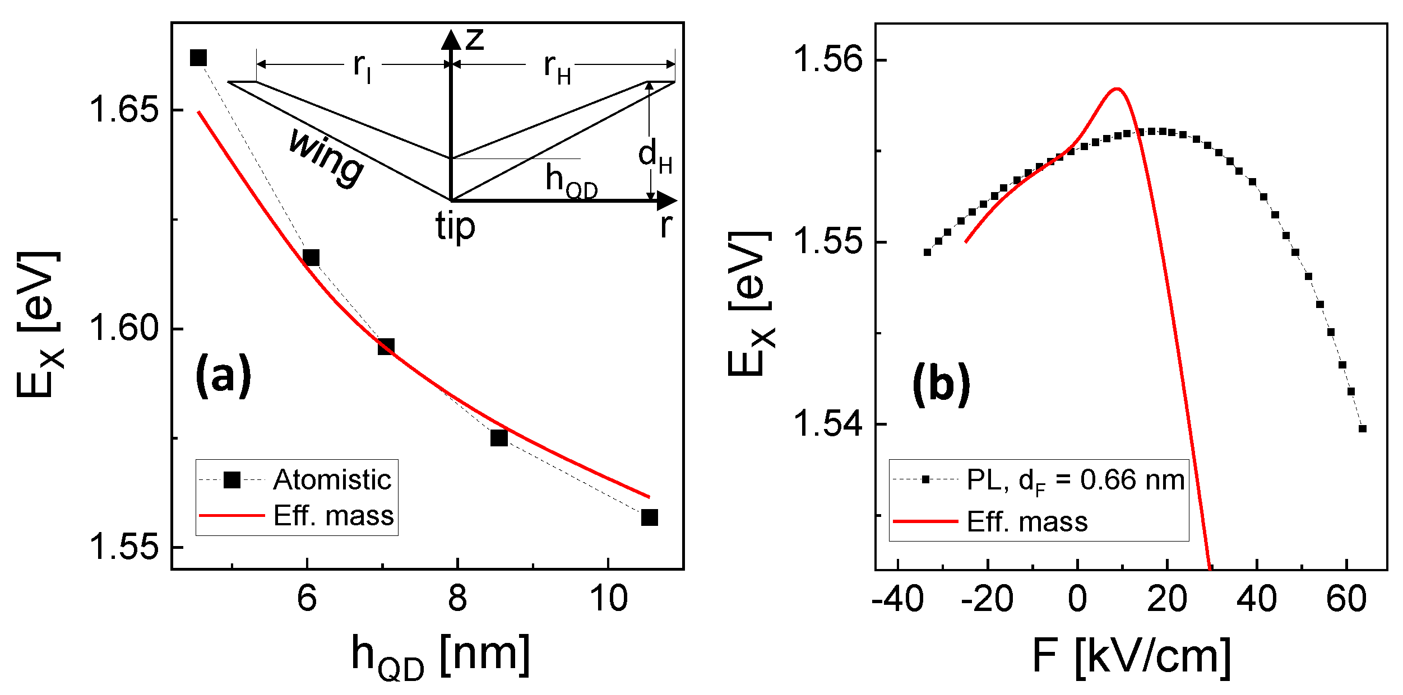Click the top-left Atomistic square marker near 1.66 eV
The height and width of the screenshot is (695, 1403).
pyautogui.click(x=198, y=58)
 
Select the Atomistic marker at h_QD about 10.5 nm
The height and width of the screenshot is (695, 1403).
pyautogui.click(x=649, y=517)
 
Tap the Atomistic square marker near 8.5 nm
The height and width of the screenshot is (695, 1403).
pyautogui.click(x=499, y=438)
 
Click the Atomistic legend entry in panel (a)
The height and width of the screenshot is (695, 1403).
pyautogui.click(x=332, y=480)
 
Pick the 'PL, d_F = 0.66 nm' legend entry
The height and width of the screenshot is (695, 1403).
pyautogui.click(x=1075, y=481)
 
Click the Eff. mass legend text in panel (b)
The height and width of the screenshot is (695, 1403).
pyautogui.click(x=1027, y=522)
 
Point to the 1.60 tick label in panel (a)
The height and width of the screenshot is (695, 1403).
pyautogui.click(x=124, y=328)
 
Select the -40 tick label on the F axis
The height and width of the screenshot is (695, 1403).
pyautogui.click(x=897, y=599)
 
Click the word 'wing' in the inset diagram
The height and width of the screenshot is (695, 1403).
pyautogui.click(x=326, y=157)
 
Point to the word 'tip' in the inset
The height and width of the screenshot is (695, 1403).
pyautogui.click(x=455, y=227)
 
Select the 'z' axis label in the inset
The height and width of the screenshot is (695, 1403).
pyautogui.click(x=474, y=39)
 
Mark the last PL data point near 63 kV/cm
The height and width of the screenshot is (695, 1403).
pyautogui.click(x=1363, y=429)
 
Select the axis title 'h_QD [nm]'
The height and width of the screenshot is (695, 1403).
pyautogui.click(x=441, y=655)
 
